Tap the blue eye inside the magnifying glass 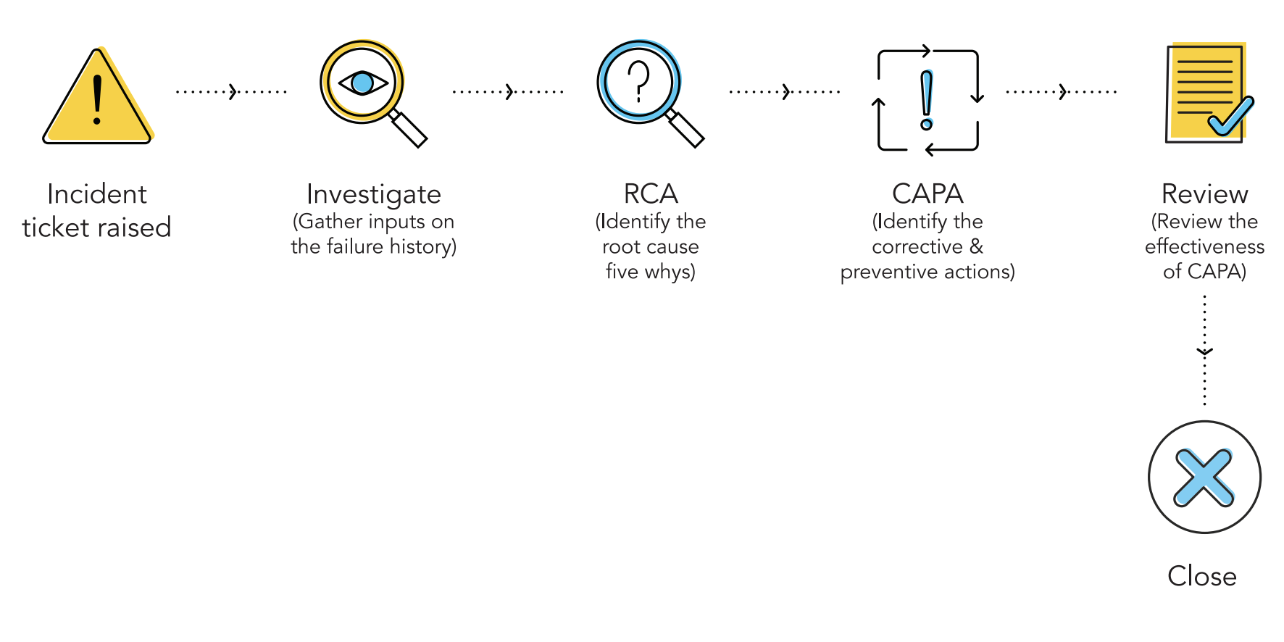[362, 83]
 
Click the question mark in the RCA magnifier [638, 81]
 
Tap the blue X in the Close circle [1204, 478]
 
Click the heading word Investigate [374, 194]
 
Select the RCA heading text [651, 194]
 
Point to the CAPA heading [927, 194]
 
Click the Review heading [1204, 194]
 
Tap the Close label [1202, 576]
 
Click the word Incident [97, 194]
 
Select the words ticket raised [97, 228]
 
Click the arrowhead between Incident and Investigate [233, 92]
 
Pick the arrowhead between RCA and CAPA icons [787, 92]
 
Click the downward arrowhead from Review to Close [1204, 353]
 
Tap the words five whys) [651, 272]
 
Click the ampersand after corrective [976, 246]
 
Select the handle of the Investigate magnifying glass [409, 129]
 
